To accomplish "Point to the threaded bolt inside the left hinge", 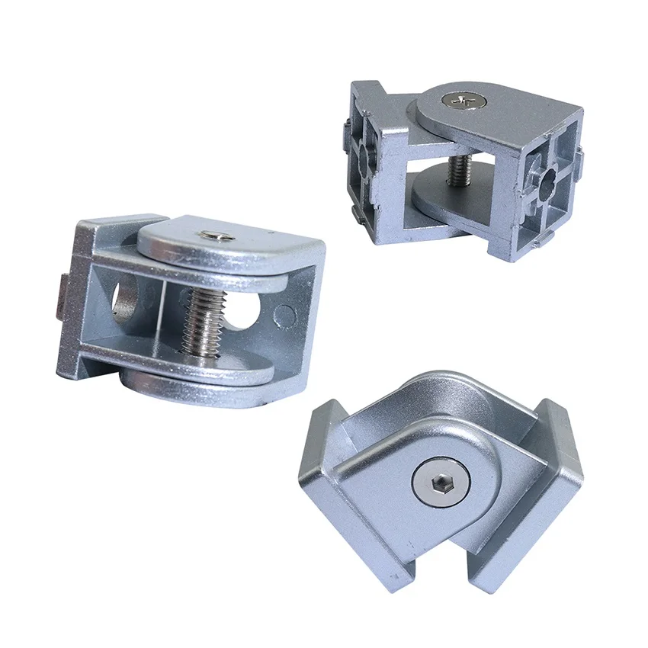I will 199,319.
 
